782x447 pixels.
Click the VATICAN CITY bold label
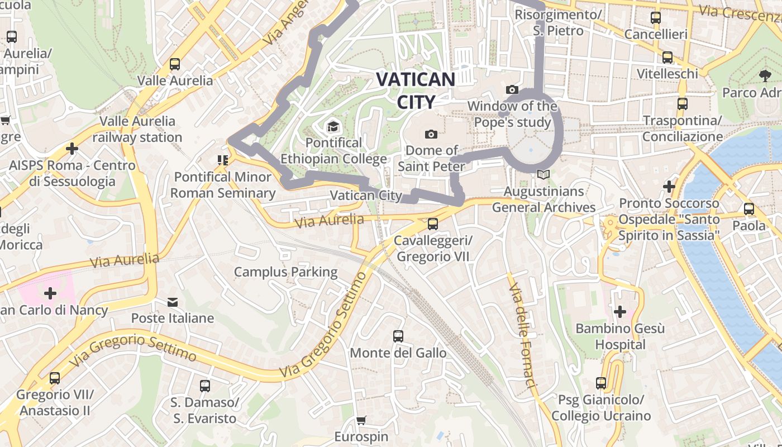click(416, 91)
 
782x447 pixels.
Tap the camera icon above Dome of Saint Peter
click(431, 134)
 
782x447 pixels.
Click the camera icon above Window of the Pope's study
click(512, 89)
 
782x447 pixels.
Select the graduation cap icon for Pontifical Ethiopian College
click(333, 126)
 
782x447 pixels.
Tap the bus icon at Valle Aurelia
click(175, 64)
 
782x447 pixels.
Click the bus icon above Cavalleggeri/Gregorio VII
click(432, 224)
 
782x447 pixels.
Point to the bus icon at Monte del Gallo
click(398, 336)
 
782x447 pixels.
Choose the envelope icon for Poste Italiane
click(173, 302)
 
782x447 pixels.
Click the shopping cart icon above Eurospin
click(361, 420)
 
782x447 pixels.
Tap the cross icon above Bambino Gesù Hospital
click(619, 311)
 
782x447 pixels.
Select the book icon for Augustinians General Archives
click(543, 175)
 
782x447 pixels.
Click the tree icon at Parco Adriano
click(765, 75)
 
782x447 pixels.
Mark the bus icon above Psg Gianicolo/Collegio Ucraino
click(601, 383)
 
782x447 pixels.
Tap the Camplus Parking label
click(285, 272)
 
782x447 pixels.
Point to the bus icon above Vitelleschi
click(667, 58)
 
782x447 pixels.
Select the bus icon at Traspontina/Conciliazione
click(682, 104)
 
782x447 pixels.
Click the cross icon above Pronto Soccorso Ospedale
click(669, 187)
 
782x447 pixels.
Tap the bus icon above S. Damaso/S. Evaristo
click(205, 386)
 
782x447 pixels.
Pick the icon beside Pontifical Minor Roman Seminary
click(223, 161)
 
